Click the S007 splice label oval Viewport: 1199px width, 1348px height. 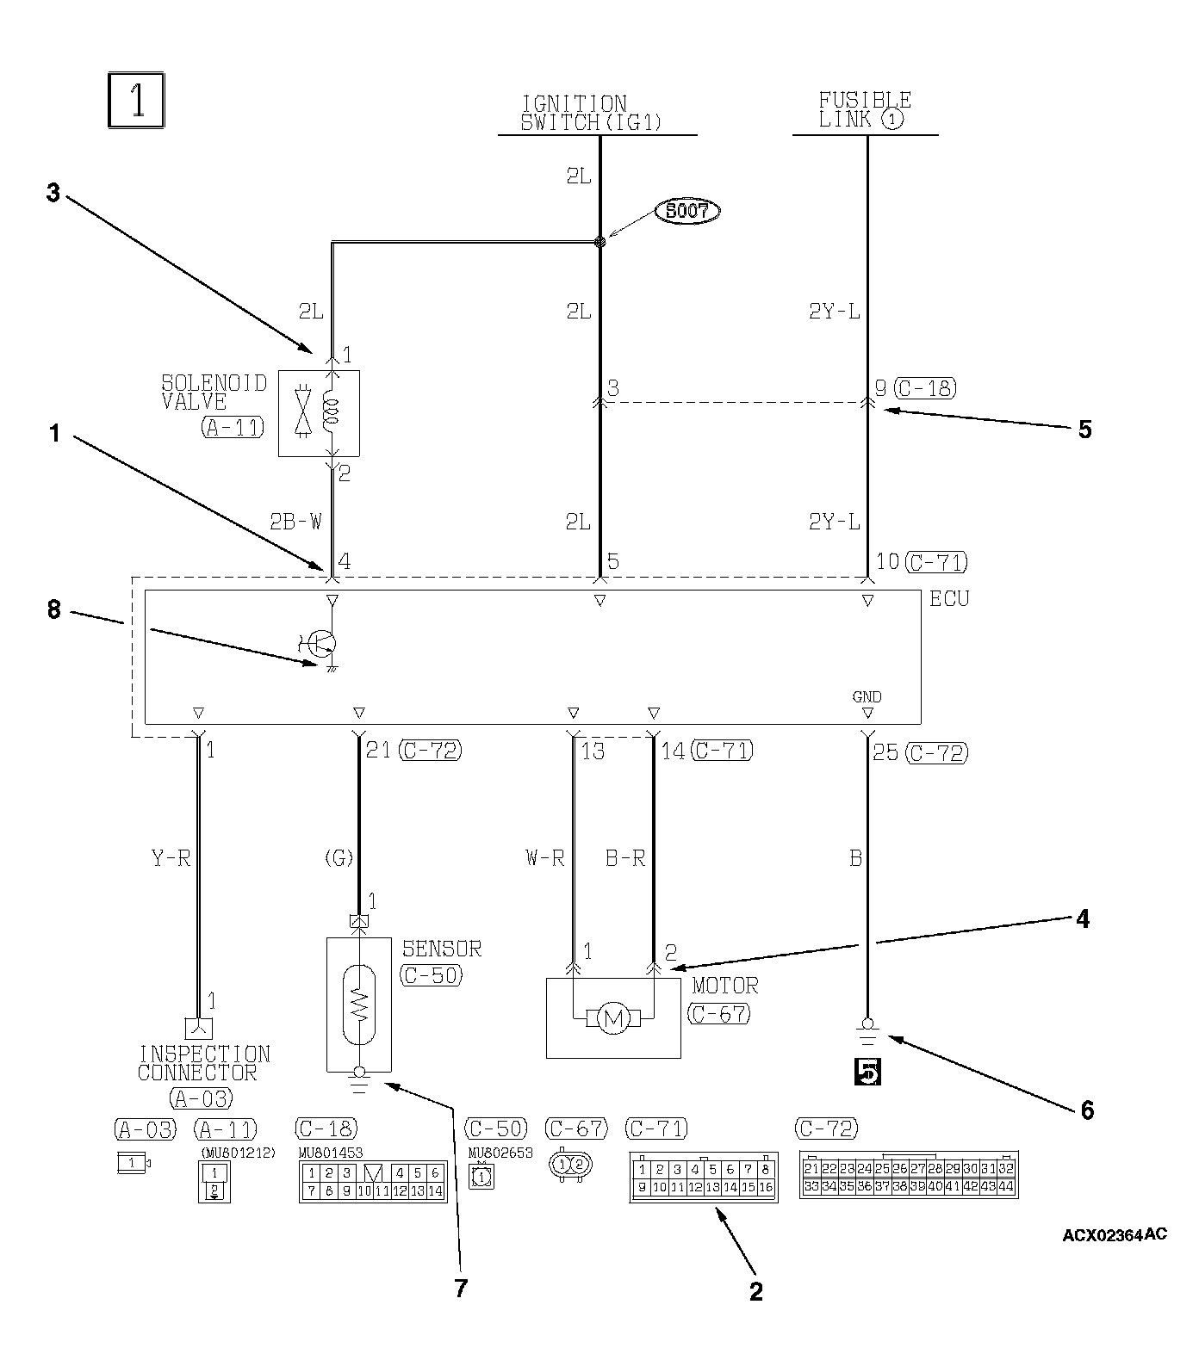click(686, 210)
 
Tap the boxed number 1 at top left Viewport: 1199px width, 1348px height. click(136, 102)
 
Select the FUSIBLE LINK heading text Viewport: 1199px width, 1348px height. click(864, 109)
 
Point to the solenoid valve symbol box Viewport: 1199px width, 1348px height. click(319, 413)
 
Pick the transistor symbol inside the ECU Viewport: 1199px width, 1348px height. click(323, 643)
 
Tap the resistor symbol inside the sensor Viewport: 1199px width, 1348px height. click(359, 1001)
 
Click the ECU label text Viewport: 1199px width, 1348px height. click(948, 598)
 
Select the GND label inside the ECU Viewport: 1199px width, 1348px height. click(867, 697)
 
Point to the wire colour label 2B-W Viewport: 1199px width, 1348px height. click(296, 521)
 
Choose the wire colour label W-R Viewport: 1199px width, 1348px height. click(544, 857)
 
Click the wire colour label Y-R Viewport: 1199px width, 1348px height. click(171, 857)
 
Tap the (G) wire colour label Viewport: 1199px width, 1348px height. click(338, 857)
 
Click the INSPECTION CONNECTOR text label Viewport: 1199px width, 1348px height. click(203, 1063)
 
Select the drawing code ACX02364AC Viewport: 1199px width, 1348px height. click(1115, 1234)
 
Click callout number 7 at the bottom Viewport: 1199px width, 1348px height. click(461, 1288)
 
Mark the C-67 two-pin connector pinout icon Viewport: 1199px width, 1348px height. click(569, 1164)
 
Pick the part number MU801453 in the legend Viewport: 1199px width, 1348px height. click(330, 1153)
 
